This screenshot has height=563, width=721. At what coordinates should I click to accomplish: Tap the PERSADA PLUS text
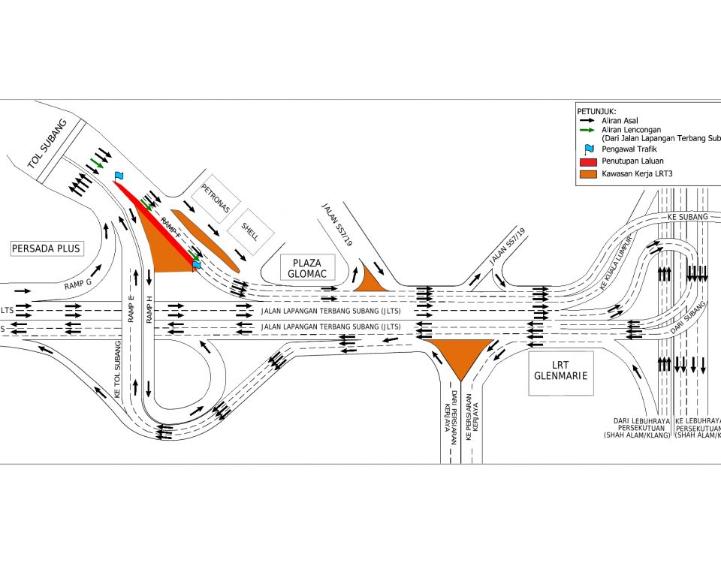pos(46,248)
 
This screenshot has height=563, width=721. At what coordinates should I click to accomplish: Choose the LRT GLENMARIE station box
pos(561,369)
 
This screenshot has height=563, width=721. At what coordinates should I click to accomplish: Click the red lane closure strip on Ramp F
pos(157,218)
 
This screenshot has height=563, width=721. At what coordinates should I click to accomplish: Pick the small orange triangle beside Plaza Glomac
pos(369,278)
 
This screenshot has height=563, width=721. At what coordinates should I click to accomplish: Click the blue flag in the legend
pos(587,149)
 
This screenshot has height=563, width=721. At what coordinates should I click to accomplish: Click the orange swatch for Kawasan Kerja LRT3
pos(587,174)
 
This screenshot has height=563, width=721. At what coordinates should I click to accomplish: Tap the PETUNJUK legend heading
pos(596,110)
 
